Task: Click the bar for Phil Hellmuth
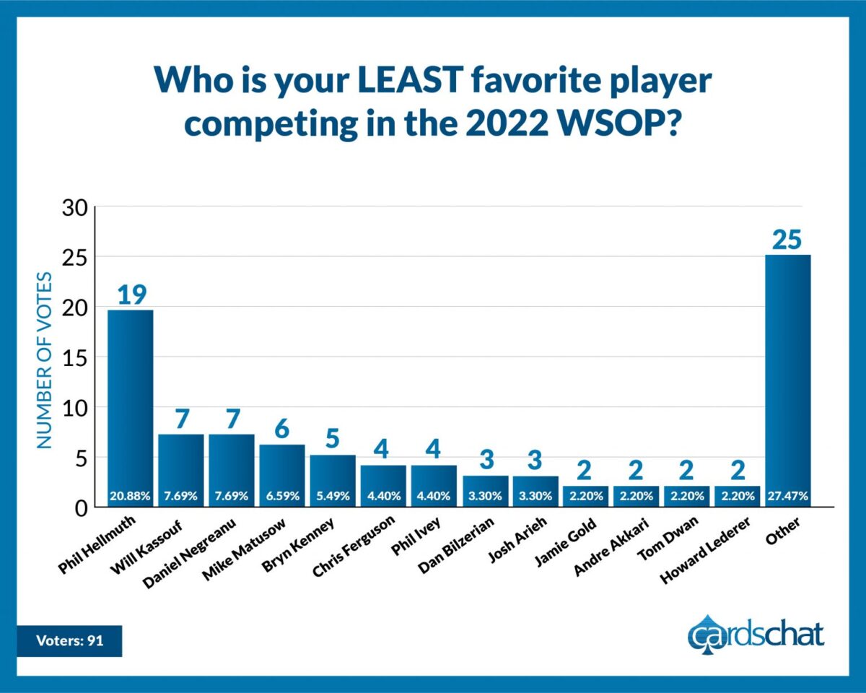131,404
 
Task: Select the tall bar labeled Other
787,375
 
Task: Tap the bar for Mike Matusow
282,469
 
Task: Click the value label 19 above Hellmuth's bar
131,295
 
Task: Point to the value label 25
787,239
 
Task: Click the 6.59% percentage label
282,497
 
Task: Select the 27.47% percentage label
787,497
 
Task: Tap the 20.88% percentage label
131,497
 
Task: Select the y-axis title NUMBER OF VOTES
45,359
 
